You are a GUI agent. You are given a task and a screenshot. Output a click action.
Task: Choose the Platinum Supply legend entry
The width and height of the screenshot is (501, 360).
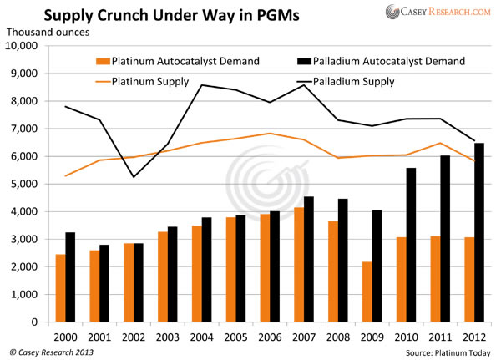click(x=149, y=82)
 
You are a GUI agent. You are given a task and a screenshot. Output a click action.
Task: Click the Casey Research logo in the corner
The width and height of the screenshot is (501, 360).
click(x=438, y=13)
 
